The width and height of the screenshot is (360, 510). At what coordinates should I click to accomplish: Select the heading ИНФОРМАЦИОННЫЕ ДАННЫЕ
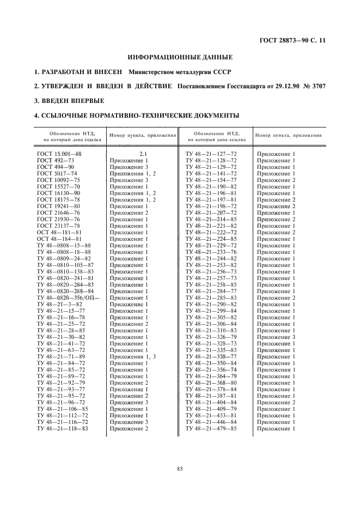click(180, 57)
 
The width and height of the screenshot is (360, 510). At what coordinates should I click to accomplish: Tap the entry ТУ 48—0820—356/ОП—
click(69, 297)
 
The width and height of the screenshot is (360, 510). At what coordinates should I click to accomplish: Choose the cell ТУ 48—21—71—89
click(61, 356)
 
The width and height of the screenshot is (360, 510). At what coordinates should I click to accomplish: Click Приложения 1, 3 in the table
click(133, 356)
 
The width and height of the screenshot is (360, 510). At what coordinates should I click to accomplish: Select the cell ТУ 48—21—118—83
click(63, 428)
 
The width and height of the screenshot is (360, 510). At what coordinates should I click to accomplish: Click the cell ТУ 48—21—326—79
click(211, 337)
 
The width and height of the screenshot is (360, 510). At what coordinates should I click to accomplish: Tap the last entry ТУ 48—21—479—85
click(211, 428)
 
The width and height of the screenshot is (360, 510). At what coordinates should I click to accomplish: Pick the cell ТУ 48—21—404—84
click(211, 402)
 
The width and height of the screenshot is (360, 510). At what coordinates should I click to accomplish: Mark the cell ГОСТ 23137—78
click(59, 226)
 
